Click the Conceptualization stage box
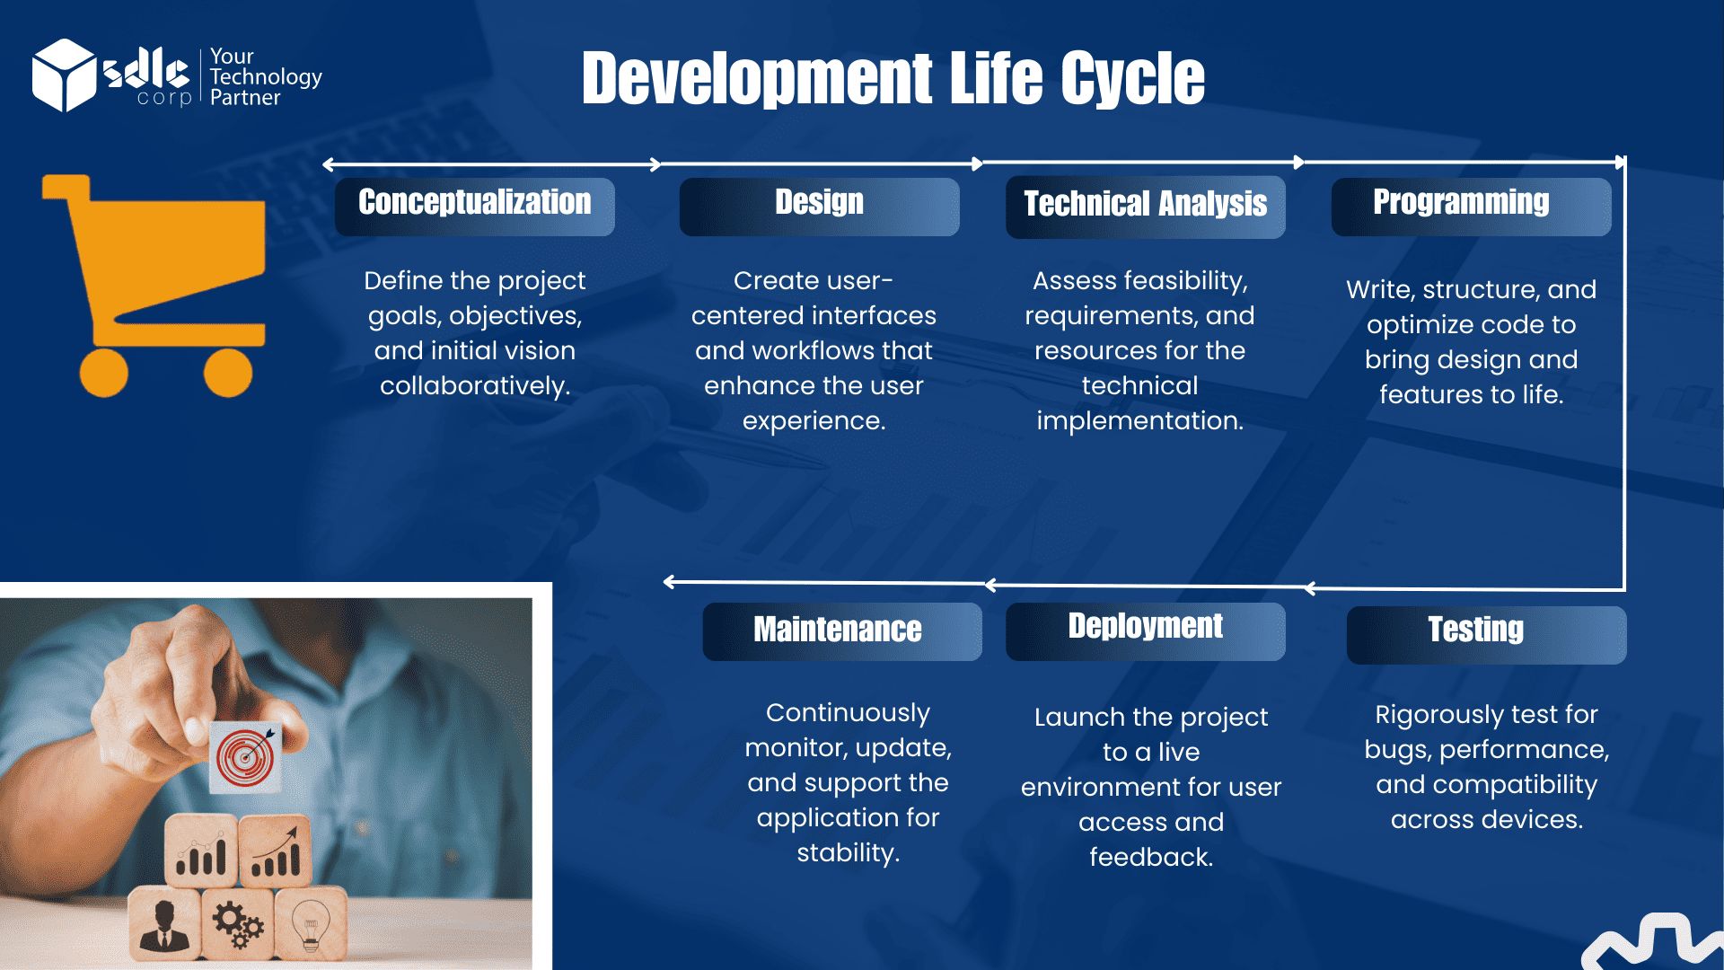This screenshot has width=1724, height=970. tap(474, 207)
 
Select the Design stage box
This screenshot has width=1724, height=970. tap(819, 207)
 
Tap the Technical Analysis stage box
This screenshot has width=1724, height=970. tap(1145, 207)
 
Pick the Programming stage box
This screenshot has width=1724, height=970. tap(1471, 207)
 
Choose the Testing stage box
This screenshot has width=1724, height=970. tap(1486, 635)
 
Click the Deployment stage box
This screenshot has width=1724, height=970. tap(1145, 631)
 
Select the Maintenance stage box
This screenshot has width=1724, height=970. tap(842, 631)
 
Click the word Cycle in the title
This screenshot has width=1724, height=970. tap(1132, 78)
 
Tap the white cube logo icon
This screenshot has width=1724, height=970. tap(64, 75)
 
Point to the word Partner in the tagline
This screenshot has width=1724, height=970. tap(245, 97)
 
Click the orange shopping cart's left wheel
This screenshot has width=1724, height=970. tap(104, 372)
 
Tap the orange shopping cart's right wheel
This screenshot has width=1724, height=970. tap(228, 372)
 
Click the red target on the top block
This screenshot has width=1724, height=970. tap(245, 756)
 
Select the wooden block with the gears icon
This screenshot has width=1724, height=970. tap(237, 923)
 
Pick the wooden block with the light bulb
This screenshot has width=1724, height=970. tap(311, 923)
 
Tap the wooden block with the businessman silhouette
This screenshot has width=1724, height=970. tap(164, 923)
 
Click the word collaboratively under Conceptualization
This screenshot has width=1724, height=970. tap(475, 386)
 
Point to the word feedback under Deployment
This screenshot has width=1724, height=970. tap(1151, 857)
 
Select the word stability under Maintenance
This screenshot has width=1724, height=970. tap(848, 853)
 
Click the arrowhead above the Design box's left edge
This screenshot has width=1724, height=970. tap(655, 164)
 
